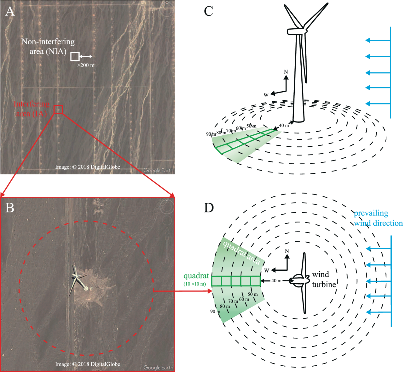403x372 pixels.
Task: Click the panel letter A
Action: (x=10, y=11)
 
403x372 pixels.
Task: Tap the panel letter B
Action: (x=10, y=208)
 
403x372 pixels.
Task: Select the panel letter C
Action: (x=208, y=11)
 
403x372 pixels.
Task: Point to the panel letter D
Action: (x=209, y=208)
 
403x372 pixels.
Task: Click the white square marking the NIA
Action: (x=75, y=57)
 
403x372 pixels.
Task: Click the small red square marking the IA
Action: (x=58, y=109)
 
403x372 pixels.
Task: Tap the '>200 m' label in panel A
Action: (x=86, y=65)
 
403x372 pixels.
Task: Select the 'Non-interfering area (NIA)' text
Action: (x=48, y=46)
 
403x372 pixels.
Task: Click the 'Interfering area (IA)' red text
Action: (x=31, y=109)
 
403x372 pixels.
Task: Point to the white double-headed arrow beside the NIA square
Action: (x=86, y=57)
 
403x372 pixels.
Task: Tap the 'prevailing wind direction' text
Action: (x=378, y=218)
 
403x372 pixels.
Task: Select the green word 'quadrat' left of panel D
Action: (x=196, y=276)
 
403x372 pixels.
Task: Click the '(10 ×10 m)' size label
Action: (x=195, y=284)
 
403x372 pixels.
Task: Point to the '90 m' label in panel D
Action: (x=215, y=312)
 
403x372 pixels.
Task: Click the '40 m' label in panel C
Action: (x=284, y=126)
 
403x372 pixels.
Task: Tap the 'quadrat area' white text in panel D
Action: (x=241, y=253)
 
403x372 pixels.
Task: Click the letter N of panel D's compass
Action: (x=287, y=251)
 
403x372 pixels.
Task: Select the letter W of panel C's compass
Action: (x=266, y=95)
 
